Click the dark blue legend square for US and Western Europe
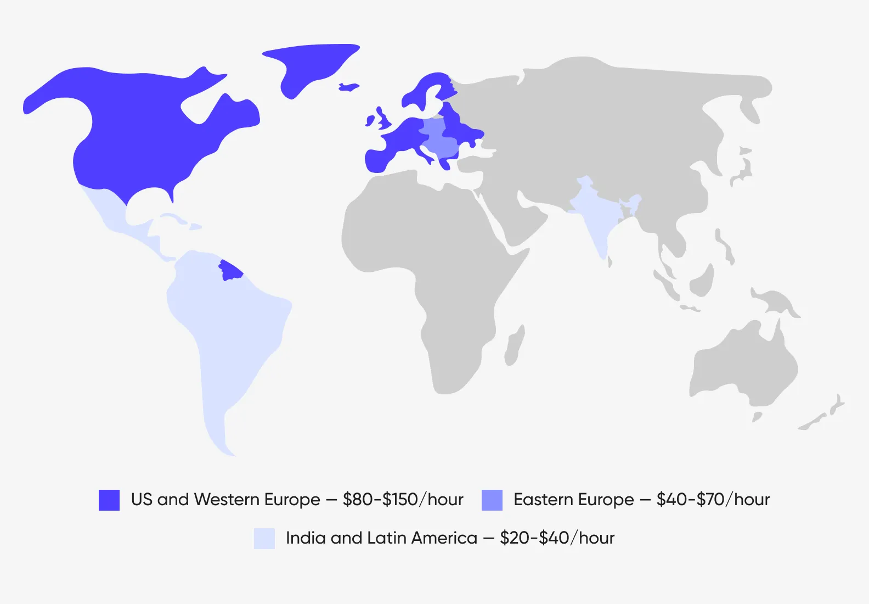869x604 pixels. coord(109,500)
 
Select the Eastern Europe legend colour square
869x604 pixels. coord(492,500)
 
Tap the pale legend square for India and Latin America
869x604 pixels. coord(264,538)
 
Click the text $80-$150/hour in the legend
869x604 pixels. coord(403,500)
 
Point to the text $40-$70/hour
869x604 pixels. coord(713,500)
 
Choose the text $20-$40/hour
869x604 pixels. coord(557,538)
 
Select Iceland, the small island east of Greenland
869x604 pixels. coord(348,87)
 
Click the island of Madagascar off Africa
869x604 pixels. coord(514,346)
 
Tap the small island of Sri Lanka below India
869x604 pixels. coord(610,262)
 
